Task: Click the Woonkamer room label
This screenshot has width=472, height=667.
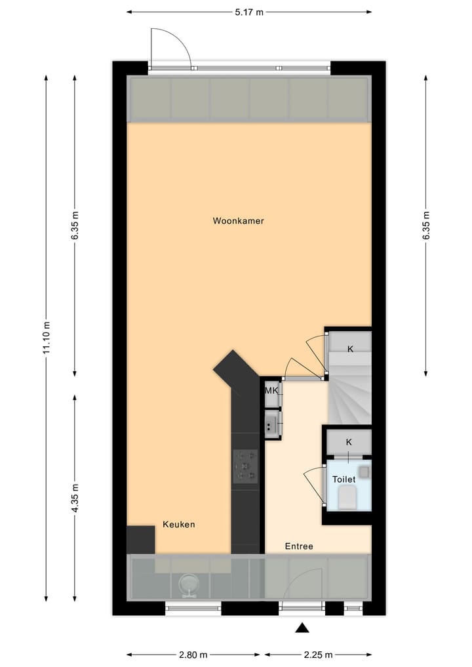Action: tap(238, 221)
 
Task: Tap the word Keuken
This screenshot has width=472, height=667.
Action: tap(178, 525)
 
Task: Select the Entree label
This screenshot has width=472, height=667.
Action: tap(298, 546)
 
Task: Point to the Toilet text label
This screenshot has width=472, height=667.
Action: tap(344, 479)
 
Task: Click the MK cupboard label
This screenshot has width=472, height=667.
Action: tap(271, 391)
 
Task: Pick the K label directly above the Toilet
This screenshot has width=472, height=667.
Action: tap(349, 442)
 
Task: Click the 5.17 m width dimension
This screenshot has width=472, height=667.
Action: tap(249, 12)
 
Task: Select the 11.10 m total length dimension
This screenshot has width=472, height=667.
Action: tap(47, 338)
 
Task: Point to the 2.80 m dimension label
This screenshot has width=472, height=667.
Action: tap(193, 655)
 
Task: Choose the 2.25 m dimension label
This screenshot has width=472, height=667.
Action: tap(319, 655)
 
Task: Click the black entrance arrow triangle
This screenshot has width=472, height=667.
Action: tap(302, 628)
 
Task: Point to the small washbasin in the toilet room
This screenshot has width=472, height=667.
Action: tap(364, 471)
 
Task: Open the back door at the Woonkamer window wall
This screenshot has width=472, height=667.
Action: tap(170, 49)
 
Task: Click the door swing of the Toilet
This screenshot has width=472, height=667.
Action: tap(315, 485)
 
